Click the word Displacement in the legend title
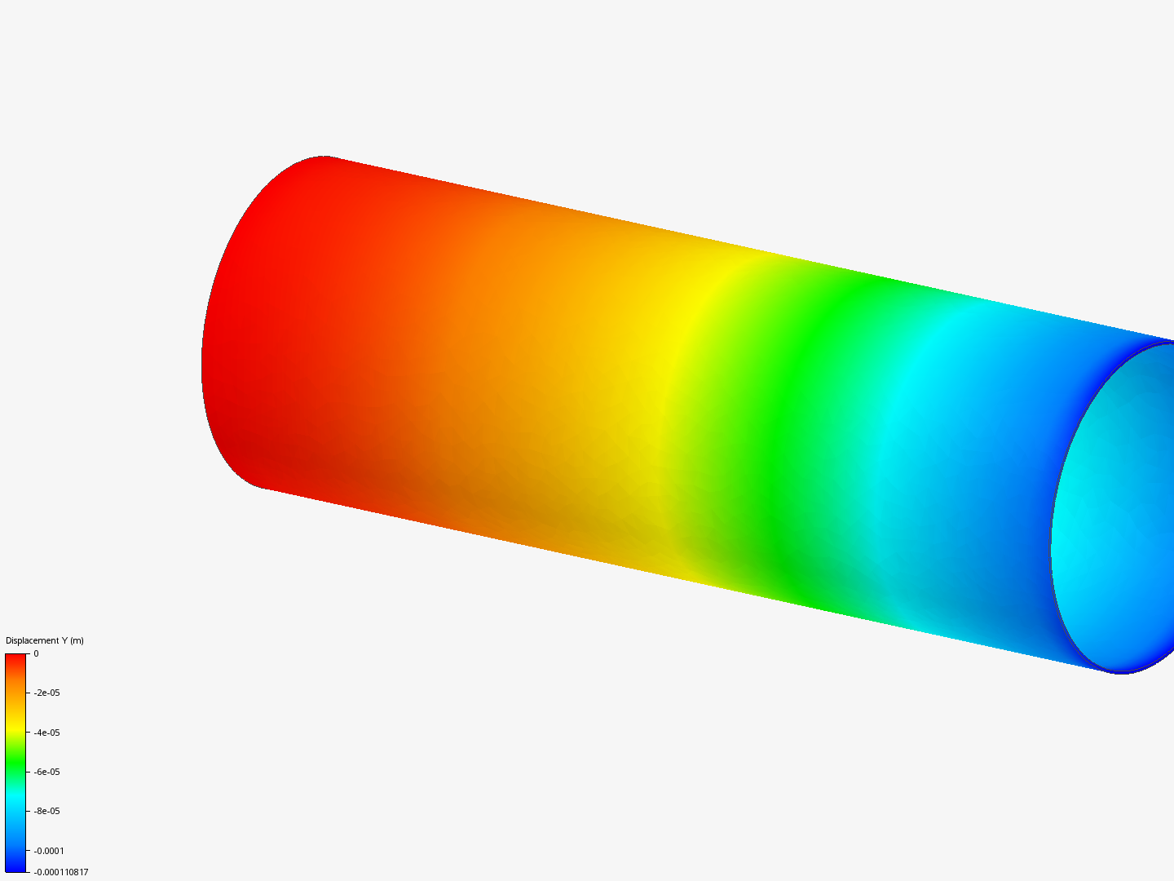[32, 640]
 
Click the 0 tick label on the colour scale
[36, 653]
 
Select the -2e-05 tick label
[46, 693]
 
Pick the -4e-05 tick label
[46, 733]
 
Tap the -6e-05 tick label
[46, 772]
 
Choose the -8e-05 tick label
[46, 811]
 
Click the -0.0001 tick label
[48, 851]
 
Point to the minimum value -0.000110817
[61, 872]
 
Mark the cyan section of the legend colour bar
[15, 804]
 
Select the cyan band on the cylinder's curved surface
[905, 457]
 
